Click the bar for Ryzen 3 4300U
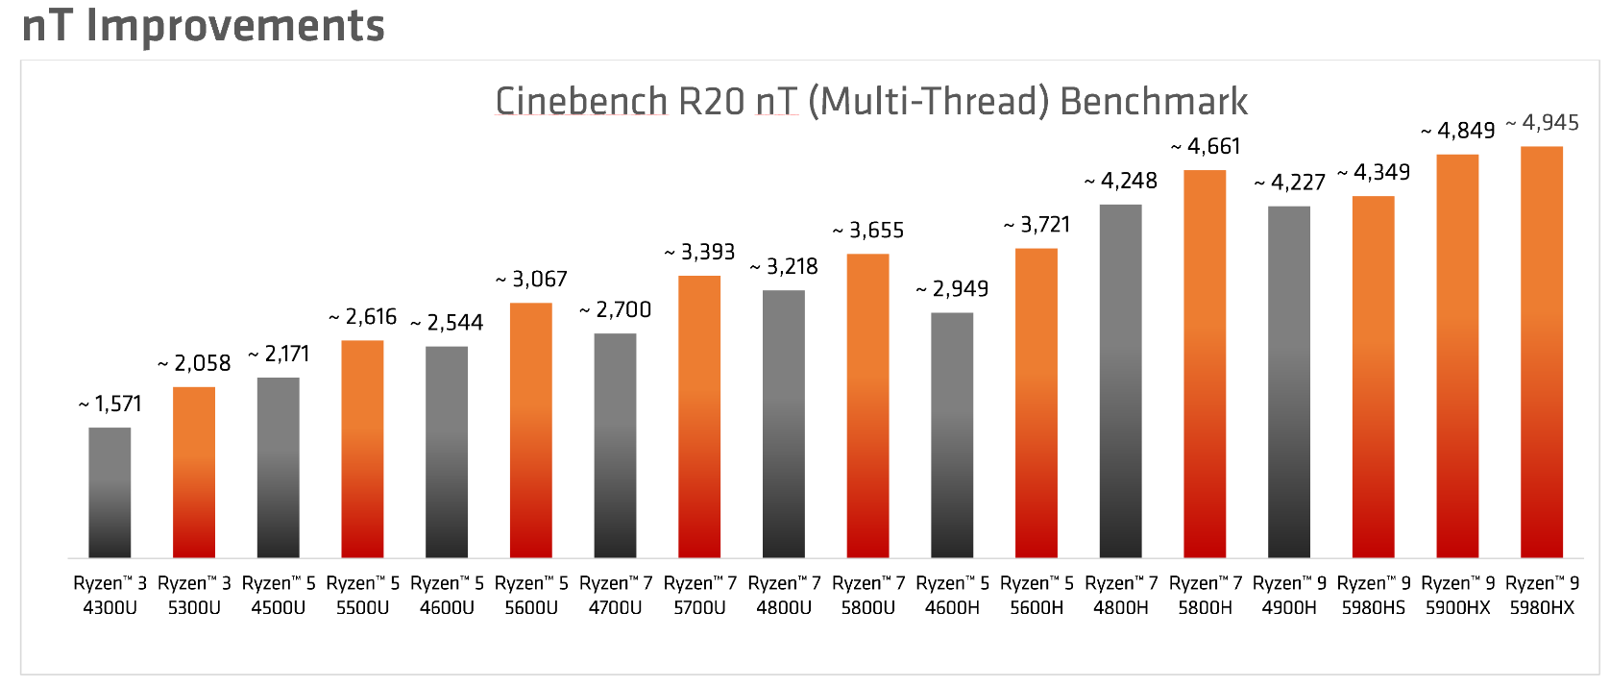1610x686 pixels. click(110, 492)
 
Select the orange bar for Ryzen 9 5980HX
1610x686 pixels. click(1541, 352)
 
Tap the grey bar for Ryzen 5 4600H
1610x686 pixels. click(952, 434)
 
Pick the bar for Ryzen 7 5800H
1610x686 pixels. click(1205, 363)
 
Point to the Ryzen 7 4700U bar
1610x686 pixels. click(615, 445)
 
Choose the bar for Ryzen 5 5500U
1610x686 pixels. click(362, 449)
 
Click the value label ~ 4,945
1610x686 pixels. click(1543, 123)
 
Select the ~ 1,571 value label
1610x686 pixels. click(110, 404)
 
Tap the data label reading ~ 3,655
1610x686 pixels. click(868, 231)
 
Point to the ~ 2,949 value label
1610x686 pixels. click(952, 289)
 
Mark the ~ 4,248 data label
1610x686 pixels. click(1121, 181)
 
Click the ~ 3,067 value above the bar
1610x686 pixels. click(531, 280)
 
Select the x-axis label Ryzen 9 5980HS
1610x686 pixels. click(1374, 595)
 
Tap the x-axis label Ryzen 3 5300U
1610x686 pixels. click(194, 595)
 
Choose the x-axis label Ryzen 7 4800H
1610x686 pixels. click(1121, 595)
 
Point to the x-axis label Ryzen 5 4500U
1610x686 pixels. click(279, 595)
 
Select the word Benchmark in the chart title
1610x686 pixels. click(1154, 102)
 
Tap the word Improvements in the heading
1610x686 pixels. click(235, 25)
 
